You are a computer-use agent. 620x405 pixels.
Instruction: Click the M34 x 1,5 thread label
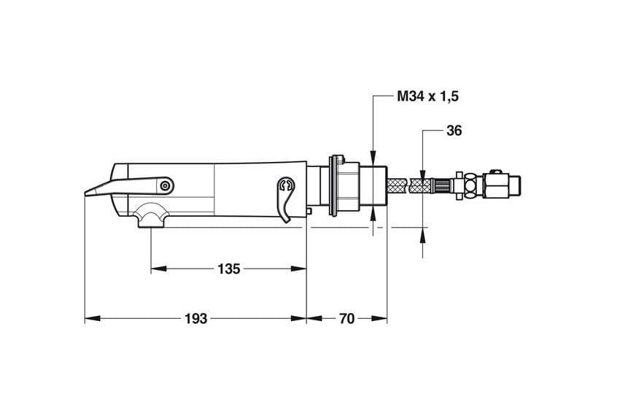tap(428, 96)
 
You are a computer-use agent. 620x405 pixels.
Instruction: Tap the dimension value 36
tap(454, 131)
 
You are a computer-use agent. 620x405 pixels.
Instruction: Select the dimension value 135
tap(229, 269)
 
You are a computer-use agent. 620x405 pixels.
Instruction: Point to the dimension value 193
tap(195, 318)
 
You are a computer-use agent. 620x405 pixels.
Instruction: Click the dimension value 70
tap(346, 318)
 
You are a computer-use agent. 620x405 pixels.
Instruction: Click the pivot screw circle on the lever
tap(165, 185)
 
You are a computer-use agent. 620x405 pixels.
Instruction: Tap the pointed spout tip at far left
tap(86, 194)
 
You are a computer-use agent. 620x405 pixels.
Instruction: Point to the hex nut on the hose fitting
tap(470, 185)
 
